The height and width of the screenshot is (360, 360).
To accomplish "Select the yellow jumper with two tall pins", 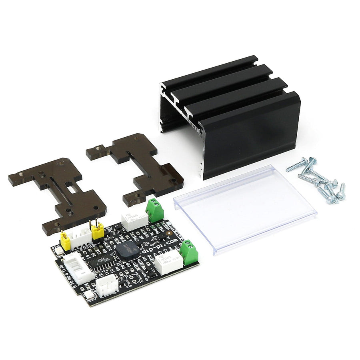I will (97, 230).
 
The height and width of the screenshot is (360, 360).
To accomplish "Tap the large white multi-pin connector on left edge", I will (78, 267).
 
